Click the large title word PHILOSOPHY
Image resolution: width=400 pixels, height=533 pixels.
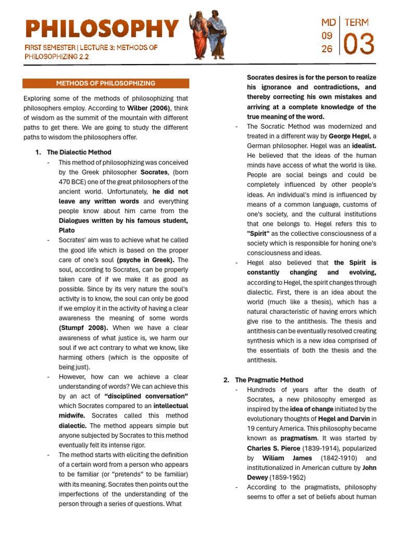[x=102, y=30]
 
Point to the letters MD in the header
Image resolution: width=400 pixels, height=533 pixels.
[x=328, y=22]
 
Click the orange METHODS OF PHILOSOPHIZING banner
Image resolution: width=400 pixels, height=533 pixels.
[x=106, y=83]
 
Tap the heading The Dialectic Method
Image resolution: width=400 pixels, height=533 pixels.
[x=79, y=152]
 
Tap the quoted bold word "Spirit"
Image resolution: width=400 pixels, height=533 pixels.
[x=258, y=234]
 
